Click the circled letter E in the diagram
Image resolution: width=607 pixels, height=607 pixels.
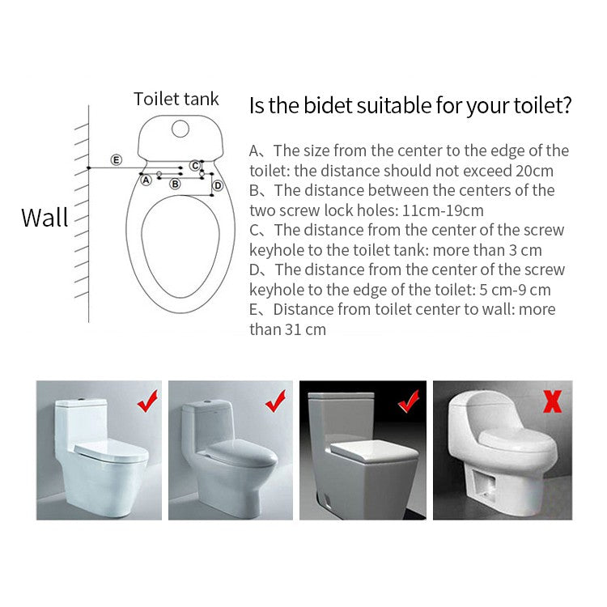pyautogui.click(x=117, y=160)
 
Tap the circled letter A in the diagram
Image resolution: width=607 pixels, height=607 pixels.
pyautogui.click(x=146, y=180)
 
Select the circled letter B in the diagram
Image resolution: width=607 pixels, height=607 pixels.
pyautogui.click(x=175, y=185)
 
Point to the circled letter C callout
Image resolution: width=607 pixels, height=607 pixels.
pyautogui.click(x=195, y=166)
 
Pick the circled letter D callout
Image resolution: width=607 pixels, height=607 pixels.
pyautogui.click(x=218, y=186)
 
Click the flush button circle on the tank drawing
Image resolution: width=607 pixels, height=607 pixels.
pyautogui.click(x=180, y=129)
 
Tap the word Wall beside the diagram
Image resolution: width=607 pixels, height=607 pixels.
pyautogui.click(x=45, y=217)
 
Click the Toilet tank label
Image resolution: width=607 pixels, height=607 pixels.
pyautogui.click(x=176, y=99)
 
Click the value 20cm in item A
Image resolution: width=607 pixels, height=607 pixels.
pyautogui.click(x=534, y=171)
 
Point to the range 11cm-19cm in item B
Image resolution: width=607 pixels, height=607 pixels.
pyautogui.click(x=444, y=210)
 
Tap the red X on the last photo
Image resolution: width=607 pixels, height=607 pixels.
pyautogui.click(x=553, y=401)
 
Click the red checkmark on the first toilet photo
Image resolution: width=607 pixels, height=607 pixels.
pyautogui.click(x=147, y=401)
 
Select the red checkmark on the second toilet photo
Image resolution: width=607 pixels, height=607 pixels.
pyautogui.click(x=276, y=401)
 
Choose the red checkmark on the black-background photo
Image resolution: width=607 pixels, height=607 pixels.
pyautogui.click(x=409, y=401)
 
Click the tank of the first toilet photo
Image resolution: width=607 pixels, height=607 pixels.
pyautogui.click(x=81, y=422)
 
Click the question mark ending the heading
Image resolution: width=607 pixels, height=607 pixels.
pyautogui.click(x=566, y=104)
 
